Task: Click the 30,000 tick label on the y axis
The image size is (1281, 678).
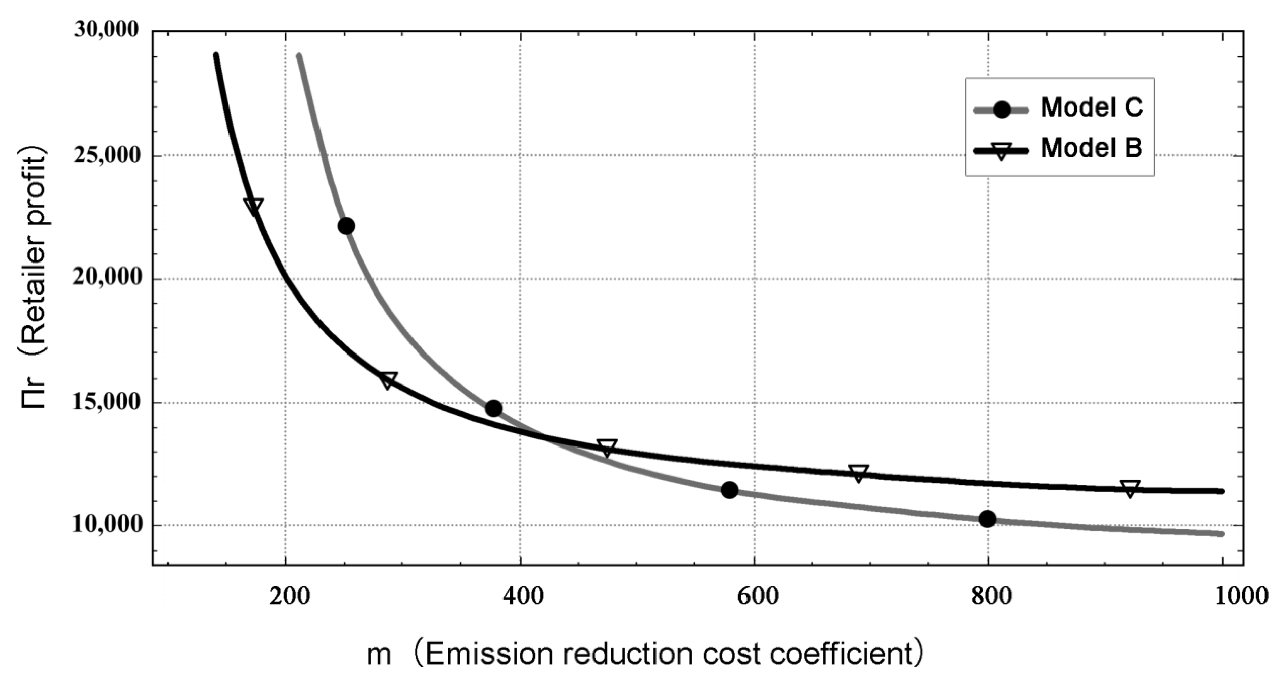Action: [106, 30]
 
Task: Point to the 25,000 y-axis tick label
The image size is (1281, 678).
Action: [106, 156]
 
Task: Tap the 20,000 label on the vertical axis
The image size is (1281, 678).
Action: [106, 278]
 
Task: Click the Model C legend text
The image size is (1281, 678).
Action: [1092, 107]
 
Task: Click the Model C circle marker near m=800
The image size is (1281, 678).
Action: [987, 519]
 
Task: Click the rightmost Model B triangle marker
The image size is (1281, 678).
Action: [1130, 488]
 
